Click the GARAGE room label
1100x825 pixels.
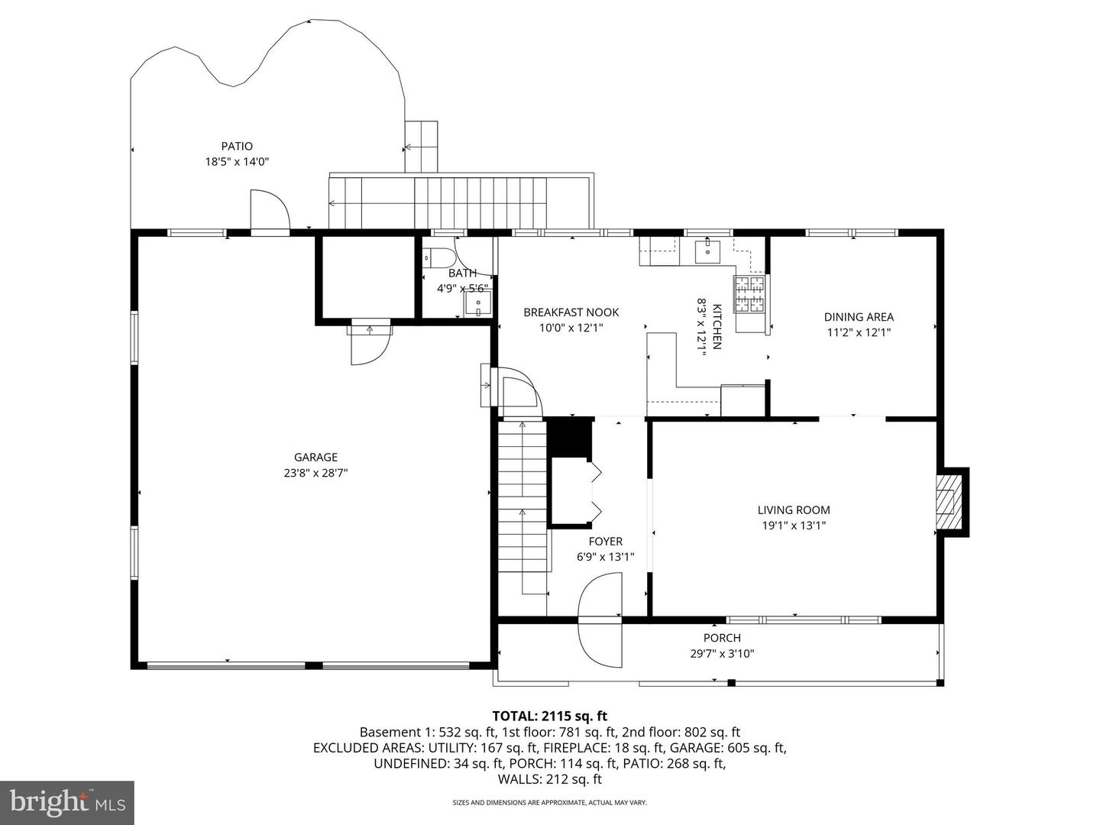coord(315,458)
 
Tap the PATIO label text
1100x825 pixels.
coord(237,146)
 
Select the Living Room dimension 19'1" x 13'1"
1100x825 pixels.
coord(794,526)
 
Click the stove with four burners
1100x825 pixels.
coord(749,294)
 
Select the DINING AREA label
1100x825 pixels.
coord(859,317)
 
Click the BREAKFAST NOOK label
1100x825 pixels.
coord(571,312)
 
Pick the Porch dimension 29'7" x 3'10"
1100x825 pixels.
coord(722,654)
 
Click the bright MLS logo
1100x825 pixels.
coord(67,802)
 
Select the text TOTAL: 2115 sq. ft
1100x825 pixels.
coord(549,716)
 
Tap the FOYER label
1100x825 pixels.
coord(605,542)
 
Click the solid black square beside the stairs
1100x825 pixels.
coord(571,436)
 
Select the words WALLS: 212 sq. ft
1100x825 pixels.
coord(549,779)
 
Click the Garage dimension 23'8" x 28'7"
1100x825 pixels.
coord(315,473)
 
